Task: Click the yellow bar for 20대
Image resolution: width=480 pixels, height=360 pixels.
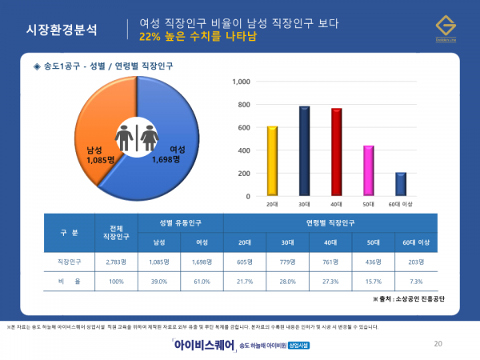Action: click(x=272, y=160)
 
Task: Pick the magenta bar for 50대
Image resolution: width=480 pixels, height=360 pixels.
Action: click(x=368, y=170)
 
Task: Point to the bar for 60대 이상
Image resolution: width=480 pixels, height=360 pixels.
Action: click(x=400, y=184)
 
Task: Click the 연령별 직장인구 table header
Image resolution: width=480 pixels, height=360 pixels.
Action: click(x=330, y=220)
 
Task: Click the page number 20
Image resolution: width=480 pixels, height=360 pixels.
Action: click(x=438, y=344)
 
